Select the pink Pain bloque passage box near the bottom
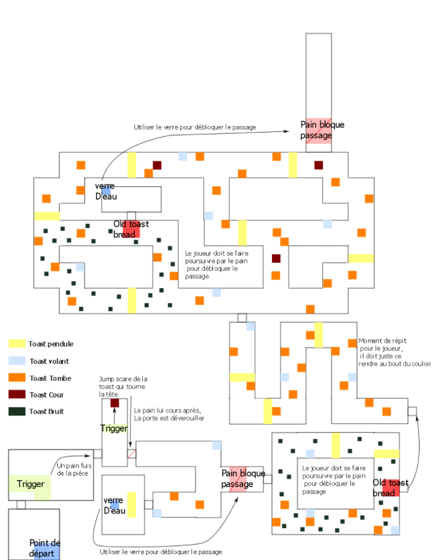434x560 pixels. (238, 479)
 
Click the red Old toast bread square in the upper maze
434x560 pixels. (131, 229)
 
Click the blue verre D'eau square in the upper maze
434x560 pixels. (106, 191)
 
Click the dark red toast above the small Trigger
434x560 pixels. (115, 403)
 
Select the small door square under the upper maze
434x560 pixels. (242, 318)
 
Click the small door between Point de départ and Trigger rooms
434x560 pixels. (21, 504)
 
